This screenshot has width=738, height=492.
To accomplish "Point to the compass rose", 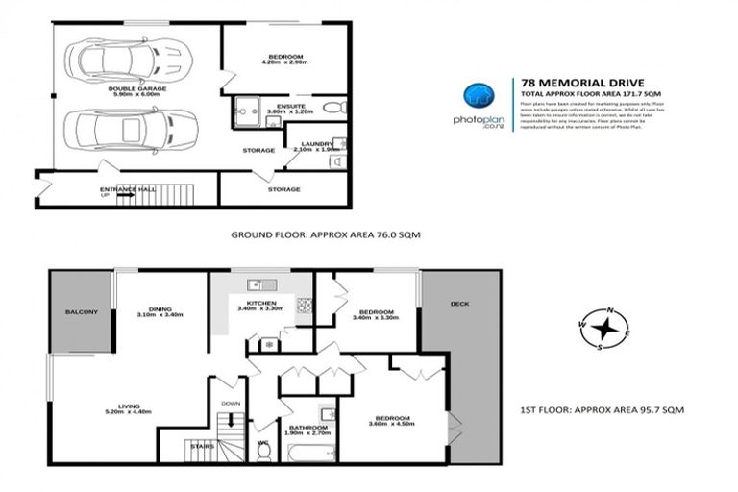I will pyautogui.click(x=604, y=329).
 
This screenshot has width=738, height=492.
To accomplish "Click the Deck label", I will pyautogui.click(x=458, y=305).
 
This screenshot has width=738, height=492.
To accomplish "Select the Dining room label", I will pyautogui.click(x=160, y=309).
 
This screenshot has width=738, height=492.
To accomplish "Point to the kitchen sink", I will pyautogui.click(x=256, y=284).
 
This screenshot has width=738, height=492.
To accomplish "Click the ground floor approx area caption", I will pyautogui.click(x=326, y=234).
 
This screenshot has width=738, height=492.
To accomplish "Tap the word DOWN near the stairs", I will pyautogui.click(x=231, y=404).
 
